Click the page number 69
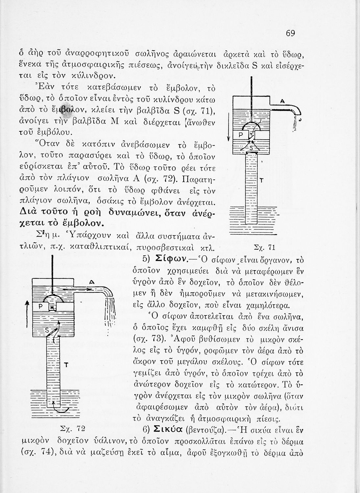pyautogui.click(x=290, y=33)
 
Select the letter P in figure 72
pyautogui.click(x=41, y=307)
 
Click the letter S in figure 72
pyautogui.click(x=47, y=329)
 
